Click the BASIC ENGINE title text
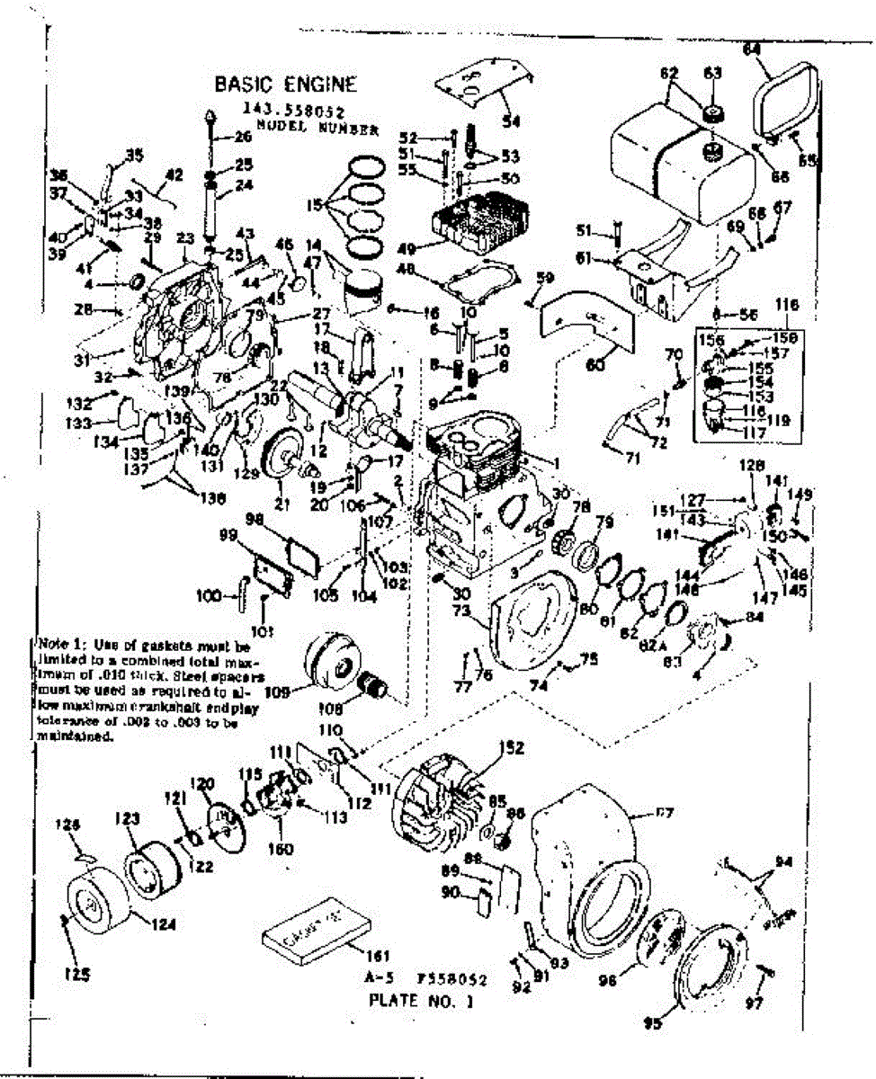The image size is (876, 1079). (285, 85)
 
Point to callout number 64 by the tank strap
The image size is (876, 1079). (751, 50)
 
